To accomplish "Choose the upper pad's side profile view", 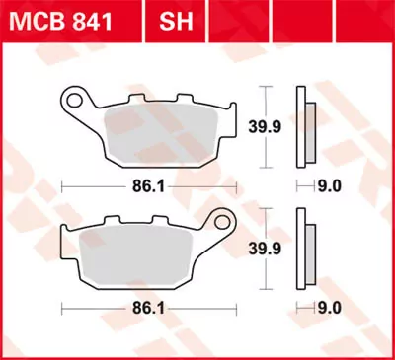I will coord(303,125).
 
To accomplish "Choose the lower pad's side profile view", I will coord(303,250).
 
